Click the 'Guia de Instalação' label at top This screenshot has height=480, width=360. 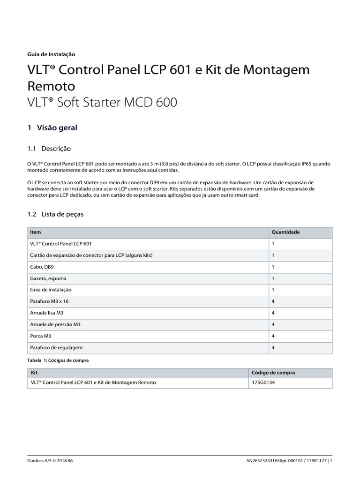(52, 54)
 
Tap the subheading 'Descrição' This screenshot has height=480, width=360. (56, 149)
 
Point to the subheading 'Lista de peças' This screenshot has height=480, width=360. (63, 214)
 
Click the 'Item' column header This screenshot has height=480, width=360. (35, 232)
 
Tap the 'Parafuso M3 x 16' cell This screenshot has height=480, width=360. (50, 301)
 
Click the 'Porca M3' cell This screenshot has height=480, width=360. (40, 336)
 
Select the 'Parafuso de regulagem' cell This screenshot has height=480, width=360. (55, 347)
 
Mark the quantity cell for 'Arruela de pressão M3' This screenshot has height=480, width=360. (273, 324)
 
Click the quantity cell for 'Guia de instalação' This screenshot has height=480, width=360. (273, 290)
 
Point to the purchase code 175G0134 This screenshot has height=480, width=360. (262, 382)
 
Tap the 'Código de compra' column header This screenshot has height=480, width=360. (273, 373)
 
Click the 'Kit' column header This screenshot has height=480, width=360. (34, 373)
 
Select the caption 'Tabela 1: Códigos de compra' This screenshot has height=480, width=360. (58, 360)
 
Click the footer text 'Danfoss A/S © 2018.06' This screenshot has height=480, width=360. (51, 461)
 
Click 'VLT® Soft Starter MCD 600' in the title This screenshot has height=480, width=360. (103, 103)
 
